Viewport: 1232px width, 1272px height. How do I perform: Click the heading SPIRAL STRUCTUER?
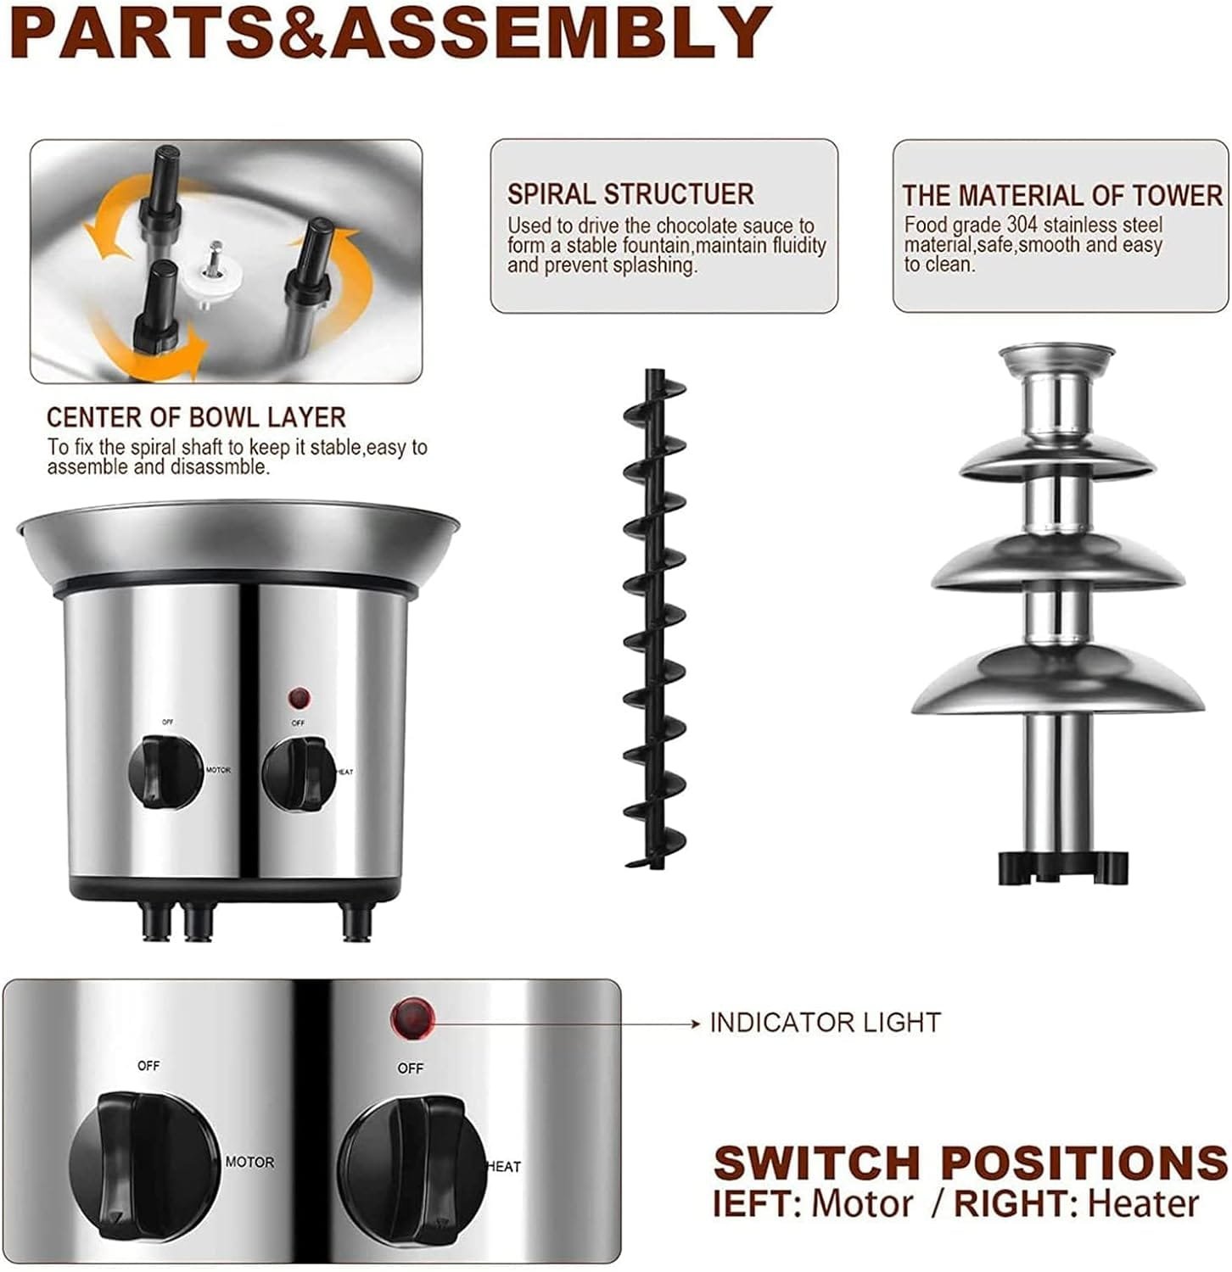tap(630, 194)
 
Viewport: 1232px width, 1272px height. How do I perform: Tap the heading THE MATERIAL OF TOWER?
tap(1061, 196)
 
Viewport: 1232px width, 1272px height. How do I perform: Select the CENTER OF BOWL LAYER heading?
tap(196, 417)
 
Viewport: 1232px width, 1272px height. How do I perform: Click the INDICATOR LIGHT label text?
tap(825, 1023)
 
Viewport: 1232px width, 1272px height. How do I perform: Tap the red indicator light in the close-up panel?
tap(412, 1018)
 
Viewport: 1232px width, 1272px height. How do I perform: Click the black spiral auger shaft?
tap(655, 619)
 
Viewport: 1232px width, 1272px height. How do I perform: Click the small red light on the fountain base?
tap(298, 699)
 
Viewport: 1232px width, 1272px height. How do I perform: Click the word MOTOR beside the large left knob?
tap(249, 1162)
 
